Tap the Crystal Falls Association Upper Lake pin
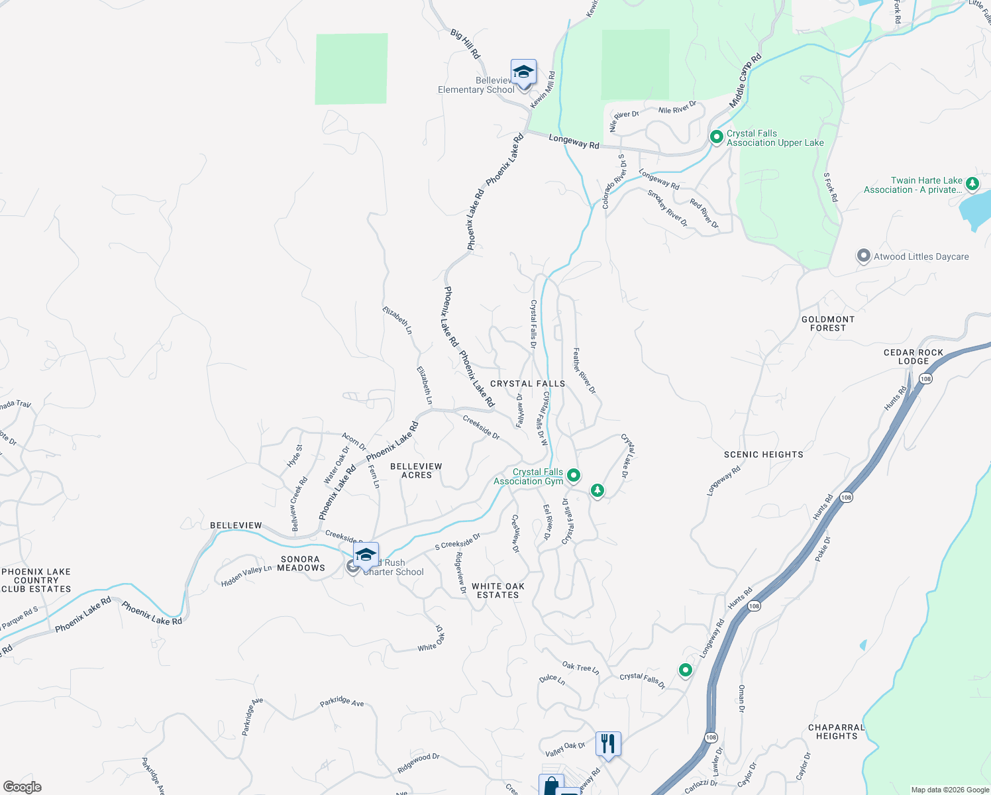coord(716,137)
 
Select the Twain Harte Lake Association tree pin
coord(972,184)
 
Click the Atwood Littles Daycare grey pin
coord(863,256)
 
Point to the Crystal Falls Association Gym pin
coord(574,475)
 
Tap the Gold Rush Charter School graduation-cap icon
coord(366,556)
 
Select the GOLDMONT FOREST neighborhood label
coord(828,323)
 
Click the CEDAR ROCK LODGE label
coord(913,357)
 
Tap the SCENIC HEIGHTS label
coord(763,454)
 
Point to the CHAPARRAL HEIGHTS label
coord(836,731)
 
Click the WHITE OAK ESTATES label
coord(498,590)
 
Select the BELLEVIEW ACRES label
coord(416,470)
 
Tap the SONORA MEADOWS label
coord(301,563)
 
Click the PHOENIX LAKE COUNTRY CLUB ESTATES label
coord(36,580)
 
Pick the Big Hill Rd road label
coord(465,44)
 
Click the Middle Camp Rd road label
coord(745,81)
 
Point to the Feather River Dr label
coord(584,371)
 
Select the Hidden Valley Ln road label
coord(246,575)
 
